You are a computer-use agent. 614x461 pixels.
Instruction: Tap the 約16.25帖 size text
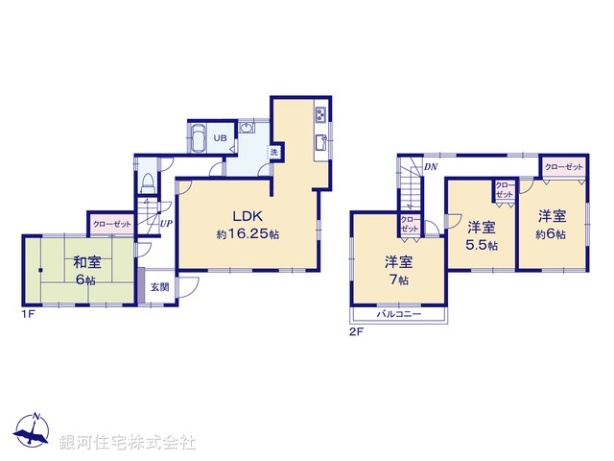[247, 233]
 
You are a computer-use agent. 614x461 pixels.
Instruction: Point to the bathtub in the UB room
[197, 138]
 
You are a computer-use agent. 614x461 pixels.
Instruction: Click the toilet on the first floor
[147, 182]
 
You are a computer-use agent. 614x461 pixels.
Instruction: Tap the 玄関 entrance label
[159, 286]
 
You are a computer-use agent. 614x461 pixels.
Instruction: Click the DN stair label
[432, 167]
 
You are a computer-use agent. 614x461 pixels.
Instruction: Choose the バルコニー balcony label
[398, 315]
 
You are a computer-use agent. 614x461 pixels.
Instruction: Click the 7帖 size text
[398, 279]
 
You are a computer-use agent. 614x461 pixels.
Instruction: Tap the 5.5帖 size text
[483, 246]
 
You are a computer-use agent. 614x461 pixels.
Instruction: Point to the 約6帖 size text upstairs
[550, 234]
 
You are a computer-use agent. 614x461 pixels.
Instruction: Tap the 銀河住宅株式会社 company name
[128, 442]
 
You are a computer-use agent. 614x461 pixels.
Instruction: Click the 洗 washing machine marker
[273, 153]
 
